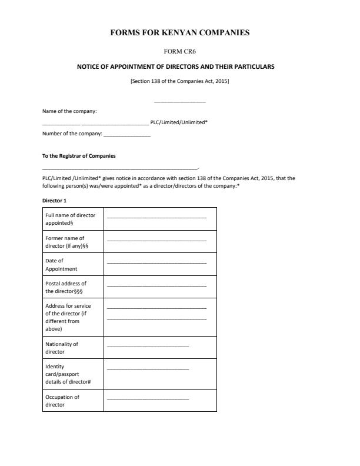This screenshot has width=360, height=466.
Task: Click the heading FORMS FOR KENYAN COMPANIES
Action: coord(179,33)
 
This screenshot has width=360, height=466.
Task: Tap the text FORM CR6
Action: coord(179,51)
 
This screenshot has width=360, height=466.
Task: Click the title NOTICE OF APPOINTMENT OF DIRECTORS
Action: coord(176,66)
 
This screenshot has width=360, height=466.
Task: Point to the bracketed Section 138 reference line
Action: coord(179,81)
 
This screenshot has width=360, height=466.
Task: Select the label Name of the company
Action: coord(69,111)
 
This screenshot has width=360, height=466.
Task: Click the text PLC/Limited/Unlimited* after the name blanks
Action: coord(179,122)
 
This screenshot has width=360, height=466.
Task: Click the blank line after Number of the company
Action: coord(126,135)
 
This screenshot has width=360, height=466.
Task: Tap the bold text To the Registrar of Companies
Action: coord(79,156)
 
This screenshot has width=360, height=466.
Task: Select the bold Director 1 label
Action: coord(55,200)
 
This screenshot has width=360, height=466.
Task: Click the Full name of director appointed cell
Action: coord(70,219)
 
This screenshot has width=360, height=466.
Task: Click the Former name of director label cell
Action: coord(66,242)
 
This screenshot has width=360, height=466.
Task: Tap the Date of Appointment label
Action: coord(61,264)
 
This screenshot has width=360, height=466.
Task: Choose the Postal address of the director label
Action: coord(66,287)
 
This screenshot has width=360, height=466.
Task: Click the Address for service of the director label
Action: coord(68,317)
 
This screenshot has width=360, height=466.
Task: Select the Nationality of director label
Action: coord(62,348)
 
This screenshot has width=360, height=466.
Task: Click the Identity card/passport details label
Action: coord(68,374)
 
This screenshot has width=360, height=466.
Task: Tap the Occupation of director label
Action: coord(62,401)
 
